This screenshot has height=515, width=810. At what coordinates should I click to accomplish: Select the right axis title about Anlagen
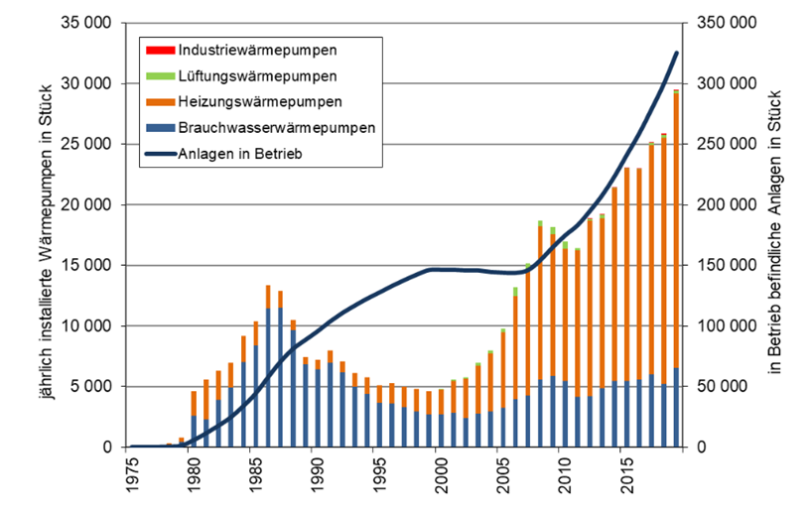[785, 234]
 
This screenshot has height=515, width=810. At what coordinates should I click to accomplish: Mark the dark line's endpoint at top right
[677, 53]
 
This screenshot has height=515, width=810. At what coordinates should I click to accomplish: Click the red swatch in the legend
[157, 50]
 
